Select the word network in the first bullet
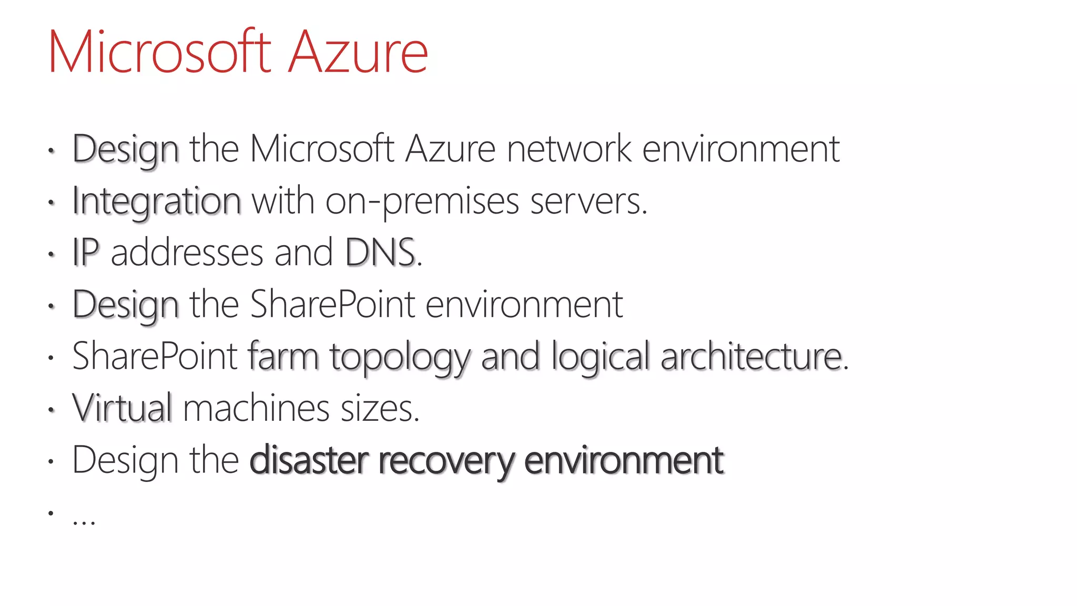(568, 149)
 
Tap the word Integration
(156, 201)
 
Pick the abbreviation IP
(85, 252)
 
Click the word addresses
(187, 252)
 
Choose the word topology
(400, 357)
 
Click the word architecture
(753, 356)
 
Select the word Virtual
(122, 408)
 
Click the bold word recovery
(446, 460)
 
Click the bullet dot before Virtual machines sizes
(51, 410)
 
